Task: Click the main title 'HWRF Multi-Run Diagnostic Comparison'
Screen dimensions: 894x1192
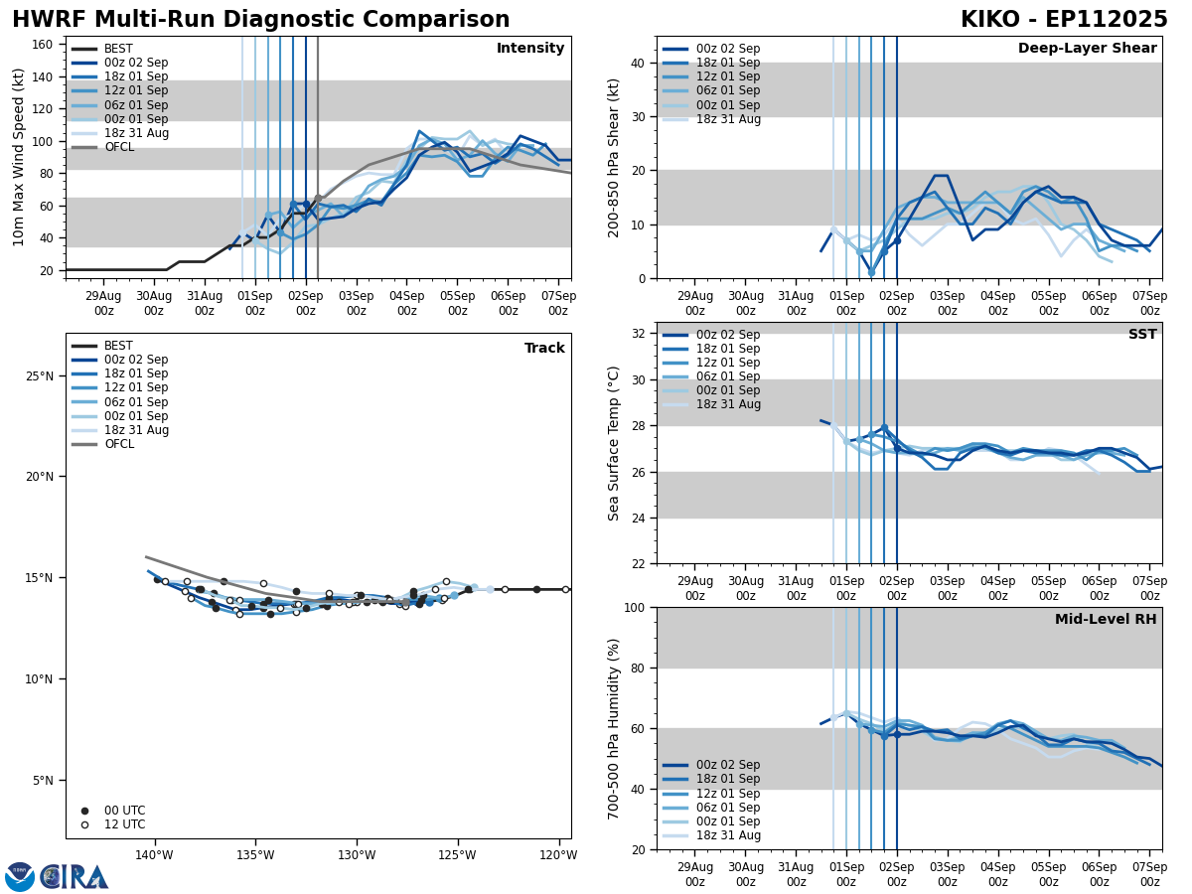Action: click(x=260, y=20)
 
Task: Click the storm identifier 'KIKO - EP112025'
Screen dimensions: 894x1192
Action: click(x=1064, y=20)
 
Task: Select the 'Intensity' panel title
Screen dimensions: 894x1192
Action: click(x=530, y=49)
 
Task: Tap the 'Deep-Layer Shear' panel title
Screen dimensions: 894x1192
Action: click(x=1087, y=49)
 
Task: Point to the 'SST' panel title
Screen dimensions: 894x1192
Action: click(x=1142, y=335)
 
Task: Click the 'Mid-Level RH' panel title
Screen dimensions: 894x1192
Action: click(x=1106, y=620)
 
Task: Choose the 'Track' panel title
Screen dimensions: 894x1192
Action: click(x=544, y=349)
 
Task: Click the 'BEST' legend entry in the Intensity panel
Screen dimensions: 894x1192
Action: click(x=118, y=49)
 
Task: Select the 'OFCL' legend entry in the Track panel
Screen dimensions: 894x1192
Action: click(x=118, y=444)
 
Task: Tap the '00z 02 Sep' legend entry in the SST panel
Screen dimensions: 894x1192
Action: click(x=728, y=335)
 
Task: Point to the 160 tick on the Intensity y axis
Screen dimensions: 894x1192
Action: click(x=44, y=44)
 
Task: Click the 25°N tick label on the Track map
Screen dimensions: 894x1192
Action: click(x=41, y=375)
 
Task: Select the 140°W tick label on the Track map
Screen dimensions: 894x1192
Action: click(x=154, y=855)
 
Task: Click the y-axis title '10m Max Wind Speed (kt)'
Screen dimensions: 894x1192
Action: click(x=18, y=157)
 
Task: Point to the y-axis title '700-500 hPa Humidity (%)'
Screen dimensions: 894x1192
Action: click(x=614, y=728)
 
